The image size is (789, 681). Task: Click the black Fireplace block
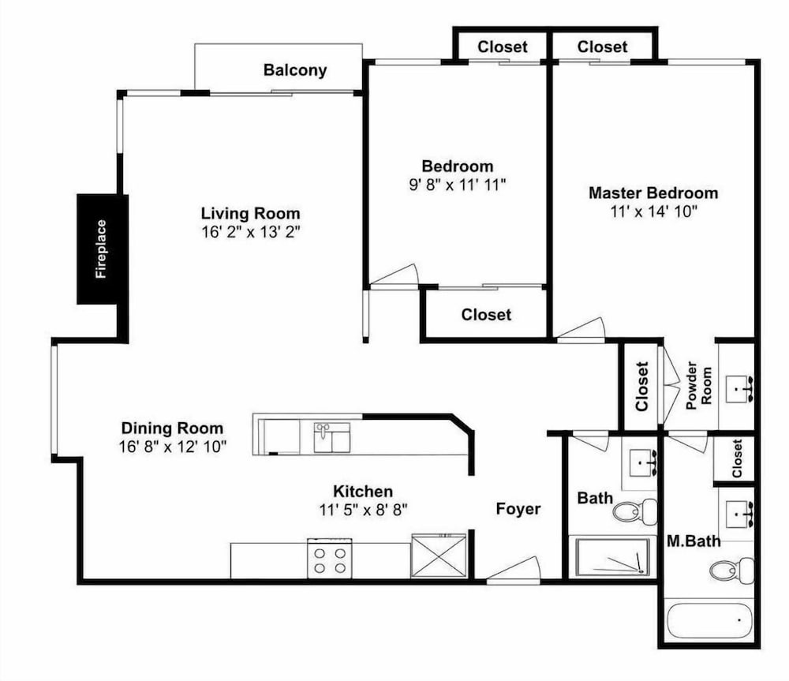102,249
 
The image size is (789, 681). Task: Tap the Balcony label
295,70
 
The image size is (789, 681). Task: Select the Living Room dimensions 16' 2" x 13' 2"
250,232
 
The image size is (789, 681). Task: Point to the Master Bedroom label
653,193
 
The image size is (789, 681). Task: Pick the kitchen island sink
331,437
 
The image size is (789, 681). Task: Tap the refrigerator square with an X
439,556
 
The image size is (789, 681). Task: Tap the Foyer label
518,509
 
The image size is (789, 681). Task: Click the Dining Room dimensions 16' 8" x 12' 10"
173,447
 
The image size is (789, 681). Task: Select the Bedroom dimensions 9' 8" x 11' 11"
457,185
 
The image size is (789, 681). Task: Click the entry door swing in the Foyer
514,569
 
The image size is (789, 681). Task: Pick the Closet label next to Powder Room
641,386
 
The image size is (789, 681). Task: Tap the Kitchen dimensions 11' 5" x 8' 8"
363,510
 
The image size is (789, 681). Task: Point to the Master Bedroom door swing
580,330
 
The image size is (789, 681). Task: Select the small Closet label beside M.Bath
737,458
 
